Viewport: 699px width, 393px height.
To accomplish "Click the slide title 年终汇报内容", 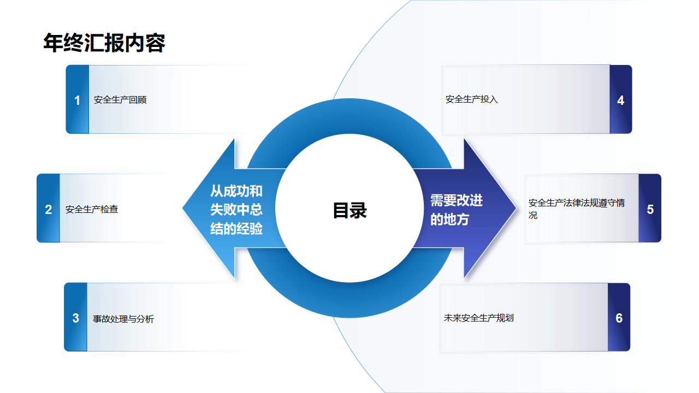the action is pos(104,43).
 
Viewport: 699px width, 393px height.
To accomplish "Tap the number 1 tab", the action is pos(78,99).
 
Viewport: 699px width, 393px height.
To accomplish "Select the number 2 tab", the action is pos(49,208).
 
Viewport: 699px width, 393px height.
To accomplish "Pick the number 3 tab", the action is pos(75,317).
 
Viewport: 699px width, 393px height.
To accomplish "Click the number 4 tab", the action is pos(621,99).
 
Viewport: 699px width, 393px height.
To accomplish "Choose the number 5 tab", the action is pos(650,208).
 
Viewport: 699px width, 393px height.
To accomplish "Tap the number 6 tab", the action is pos(619,317).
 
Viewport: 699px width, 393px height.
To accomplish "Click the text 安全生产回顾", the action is pos(120,100).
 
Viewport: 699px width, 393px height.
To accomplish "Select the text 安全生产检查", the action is pos(92,209).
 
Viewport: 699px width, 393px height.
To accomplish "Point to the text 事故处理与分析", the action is pos(123,319).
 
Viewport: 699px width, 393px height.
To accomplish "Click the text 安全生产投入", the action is pos(471,99).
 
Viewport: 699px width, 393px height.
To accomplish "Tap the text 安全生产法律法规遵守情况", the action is pos(577,209).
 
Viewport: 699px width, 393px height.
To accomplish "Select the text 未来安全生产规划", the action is pos(479,318).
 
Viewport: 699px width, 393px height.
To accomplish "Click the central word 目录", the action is pos(350,210).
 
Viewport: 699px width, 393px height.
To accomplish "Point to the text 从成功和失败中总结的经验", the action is pos(236,209).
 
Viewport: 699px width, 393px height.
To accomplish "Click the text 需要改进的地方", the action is pos(457,210).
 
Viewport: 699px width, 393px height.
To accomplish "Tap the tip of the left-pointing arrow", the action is pos(183,208).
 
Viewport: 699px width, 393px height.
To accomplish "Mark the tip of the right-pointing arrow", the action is pos(516,208).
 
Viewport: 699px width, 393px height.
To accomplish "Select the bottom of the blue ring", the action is pos(349,300).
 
